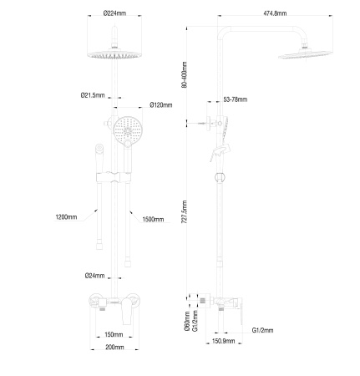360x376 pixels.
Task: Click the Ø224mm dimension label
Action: pos(114,13)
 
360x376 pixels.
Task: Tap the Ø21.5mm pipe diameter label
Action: pos(93,95)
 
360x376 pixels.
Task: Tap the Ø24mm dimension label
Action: pos(94,276)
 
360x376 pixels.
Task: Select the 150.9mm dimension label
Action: pos(221,341)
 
